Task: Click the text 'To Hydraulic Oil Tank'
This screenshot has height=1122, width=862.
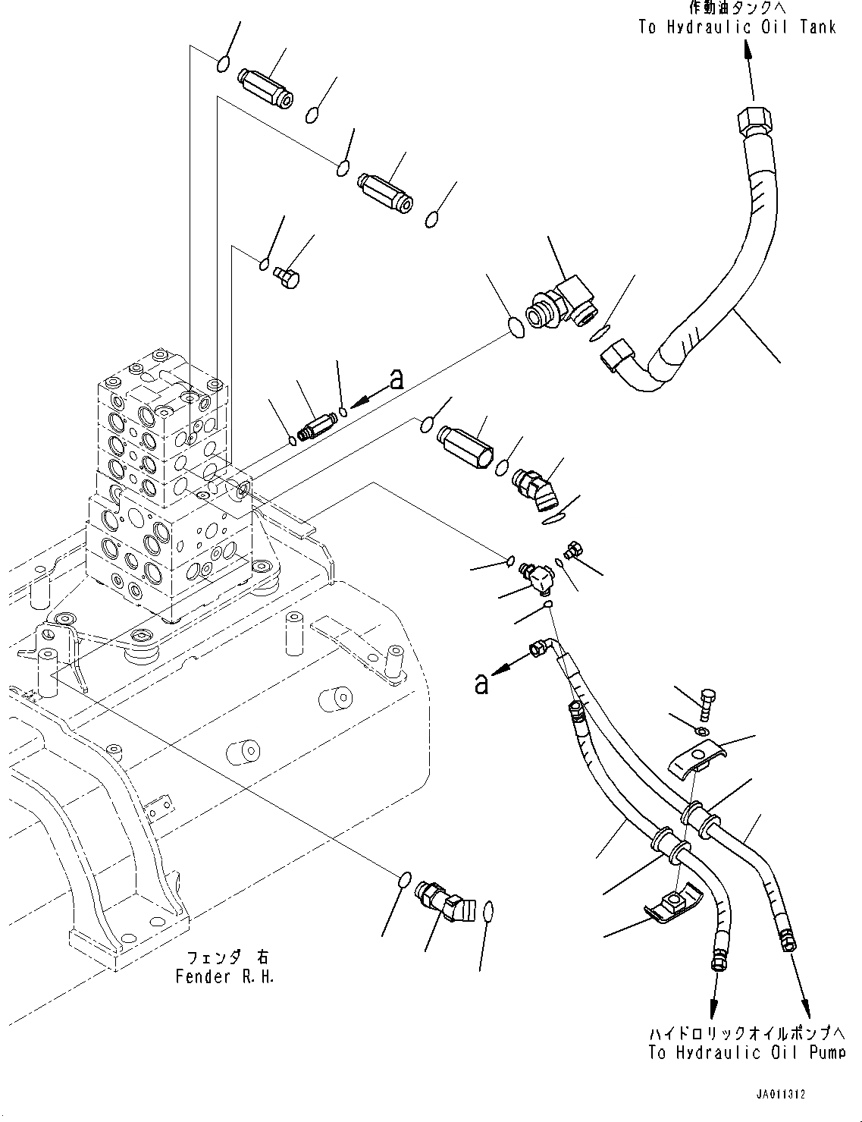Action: [x=737, y=27]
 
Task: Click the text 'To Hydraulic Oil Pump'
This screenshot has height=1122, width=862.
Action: [x=747, y=1052]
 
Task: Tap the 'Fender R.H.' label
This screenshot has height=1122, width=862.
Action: [x=224, y=976]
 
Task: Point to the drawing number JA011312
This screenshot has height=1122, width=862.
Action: [x=779, y=1095]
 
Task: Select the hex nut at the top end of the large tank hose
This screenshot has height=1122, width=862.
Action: [x=751, y=121]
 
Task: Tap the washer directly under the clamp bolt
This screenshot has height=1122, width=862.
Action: [x=703, y=730]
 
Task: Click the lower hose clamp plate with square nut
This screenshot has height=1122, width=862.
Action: [x=670, y=904]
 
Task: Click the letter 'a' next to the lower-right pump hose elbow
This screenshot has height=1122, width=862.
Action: [x=480, y=685]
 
